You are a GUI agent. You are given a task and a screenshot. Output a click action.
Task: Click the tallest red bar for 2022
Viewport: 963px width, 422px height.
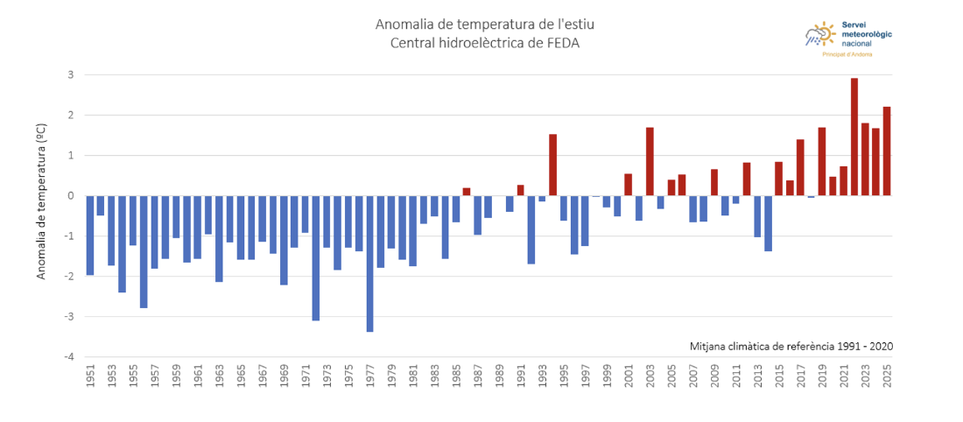854,137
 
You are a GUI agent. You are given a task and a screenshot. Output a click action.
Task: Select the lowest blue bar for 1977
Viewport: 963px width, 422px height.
370,264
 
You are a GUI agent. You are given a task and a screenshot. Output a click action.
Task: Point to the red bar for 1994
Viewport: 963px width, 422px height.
552,165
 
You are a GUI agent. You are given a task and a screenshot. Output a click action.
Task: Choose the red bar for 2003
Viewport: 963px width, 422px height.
650,161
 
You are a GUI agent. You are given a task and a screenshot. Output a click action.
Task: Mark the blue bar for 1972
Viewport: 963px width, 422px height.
316,257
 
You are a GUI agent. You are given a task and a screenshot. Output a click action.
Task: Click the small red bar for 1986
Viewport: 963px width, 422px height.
467,191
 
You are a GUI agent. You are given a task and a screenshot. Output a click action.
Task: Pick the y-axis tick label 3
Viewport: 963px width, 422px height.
70,74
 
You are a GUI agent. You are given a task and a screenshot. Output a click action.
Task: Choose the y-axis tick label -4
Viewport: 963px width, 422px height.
68,357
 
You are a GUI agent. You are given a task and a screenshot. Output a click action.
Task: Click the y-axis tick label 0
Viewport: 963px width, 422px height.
70,195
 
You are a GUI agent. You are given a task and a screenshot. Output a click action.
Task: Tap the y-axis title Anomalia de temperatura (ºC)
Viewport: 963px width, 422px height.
41,201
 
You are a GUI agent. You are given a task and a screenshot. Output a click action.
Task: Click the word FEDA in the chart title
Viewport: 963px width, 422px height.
561,42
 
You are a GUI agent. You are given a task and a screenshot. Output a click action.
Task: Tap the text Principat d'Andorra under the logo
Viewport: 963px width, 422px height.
847,54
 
